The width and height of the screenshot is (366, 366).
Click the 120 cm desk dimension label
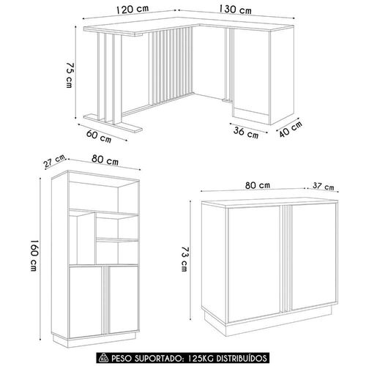point(132,10)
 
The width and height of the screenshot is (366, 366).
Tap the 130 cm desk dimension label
point(235,10)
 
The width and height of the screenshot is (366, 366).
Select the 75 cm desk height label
point(70,75)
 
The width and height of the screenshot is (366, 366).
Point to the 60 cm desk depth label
point(99,136)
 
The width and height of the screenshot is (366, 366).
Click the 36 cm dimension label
point(246,132)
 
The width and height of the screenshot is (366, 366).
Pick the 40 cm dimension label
point(291,129)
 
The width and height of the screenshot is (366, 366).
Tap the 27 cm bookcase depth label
point(55,161)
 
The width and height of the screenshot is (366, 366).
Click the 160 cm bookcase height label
point(34,255)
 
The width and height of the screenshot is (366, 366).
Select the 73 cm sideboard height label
point(184,258)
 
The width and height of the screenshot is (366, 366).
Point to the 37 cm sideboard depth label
point(324,187)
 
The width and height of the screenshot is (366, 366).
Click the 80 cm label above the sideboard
point(258,185)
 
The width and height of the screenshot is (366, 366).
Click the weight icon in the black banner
point(102,358)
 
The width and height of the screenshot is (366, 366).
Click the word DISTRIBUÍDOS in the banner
point(242,358)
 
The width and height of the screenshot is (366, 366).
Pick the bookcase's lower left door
point(86,302)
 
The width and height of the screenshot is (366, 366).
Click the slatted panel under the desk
point(171,67)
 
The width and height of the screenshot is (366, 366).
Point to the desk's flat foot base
point(113,124)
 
